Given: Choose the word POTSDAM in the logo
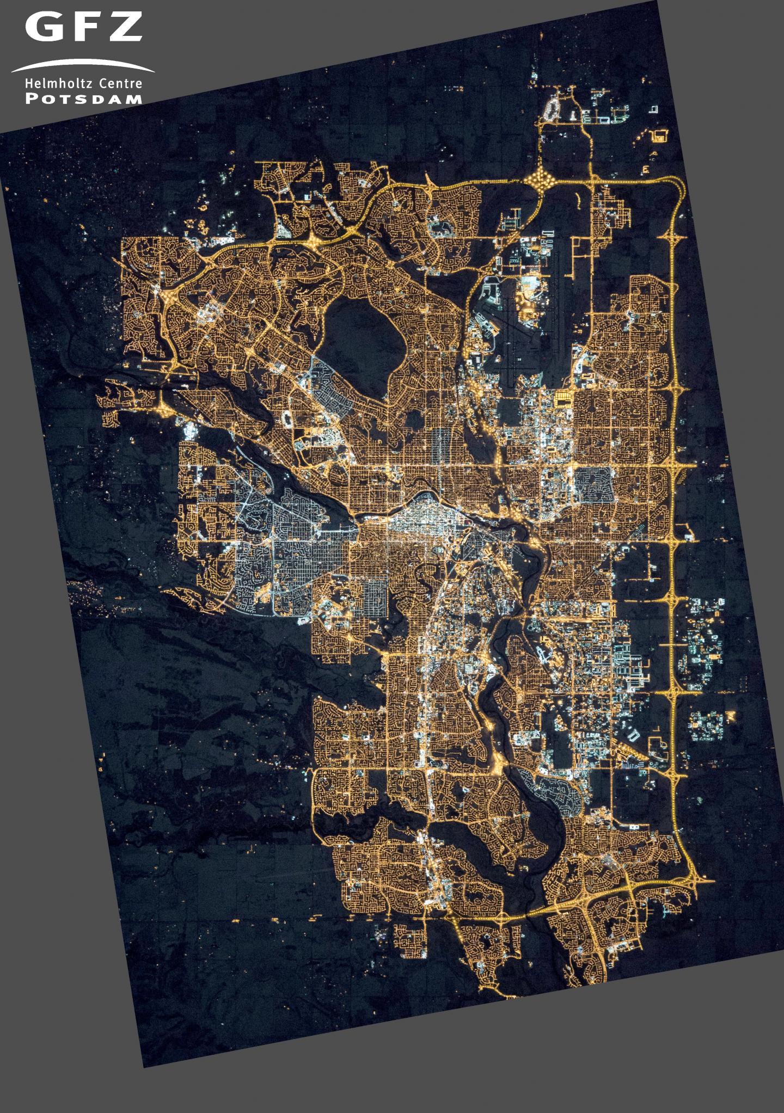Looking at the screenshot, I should coord(84,100).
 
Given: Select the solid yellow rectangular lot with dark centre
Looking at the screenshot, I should coord(563,399).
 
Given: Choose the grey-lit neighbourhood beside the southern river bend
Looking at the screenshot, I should coord(555,789).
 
